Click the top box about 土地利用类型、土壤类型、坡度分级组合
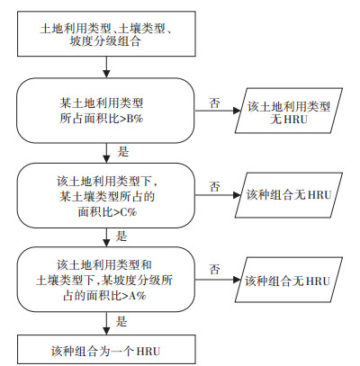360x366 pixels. pyautogui.click(x=106, y=34)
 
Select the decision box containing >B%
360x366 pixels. pyautogui.click(x=105, y=111)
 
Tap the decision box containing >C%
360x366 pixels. pyautogui.click(x=105, y=195)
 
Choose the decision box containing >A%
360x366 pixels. pyautogui.click(x=105, y=280)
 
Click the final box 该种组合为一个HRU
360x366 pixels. pyautogui.click(x=106, y=350)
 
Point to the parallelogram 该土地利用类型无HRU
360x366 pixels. pyautogui.click(x=289, y=111)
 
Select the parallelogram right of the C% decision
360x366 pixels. pyautogui.click(x=289, y=195)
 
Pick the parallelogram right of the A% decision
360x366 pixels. pyautogui.click(x=289, y=280)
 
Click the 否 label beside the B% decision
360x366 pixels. pyautogui.click(x=215, y=103)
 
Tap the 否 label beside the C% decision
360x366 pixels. pyautogui.click(x=215, y=186)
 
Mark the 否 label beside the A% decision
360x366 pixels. pyautogui.click(x=215, y=269)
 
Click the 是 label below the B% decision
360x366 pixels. pyautogui.click(x=123, y=152)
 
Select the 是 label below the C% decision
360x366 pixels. pyautogui.click(x=121, y=237)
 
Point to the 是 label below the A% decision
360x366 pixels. pyautogui.click(x=121, y=322)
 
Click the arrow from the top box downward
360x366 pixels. pyautogui.click(x=106, y=67)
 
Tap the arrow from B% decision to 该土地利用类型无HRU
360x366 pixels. pyautogui.click(x=218, y=111)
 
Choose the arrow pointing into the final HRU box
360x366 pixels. pyautogui.click(x=106, y=324)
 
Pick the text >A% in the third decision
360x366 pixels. pyautogui.click(x=134, y=296)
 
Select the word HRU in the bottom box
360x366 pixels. pyautogui.click(x=148, y=351)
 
